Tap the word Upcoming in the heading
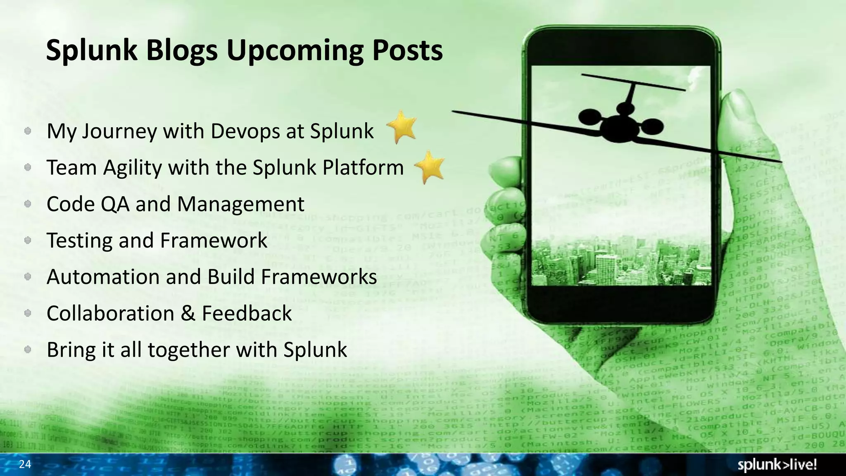(x=295, y=51)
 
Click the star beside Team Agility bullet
(x=430, y=167)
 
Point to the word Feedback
(x=247, y=313)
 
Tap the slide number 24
(x=25, y=464)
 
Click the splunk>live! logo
(x=777, y=465)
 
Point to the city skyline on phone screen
(x=620, y=260)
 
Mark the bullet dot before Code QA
(x=28, y=204)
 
